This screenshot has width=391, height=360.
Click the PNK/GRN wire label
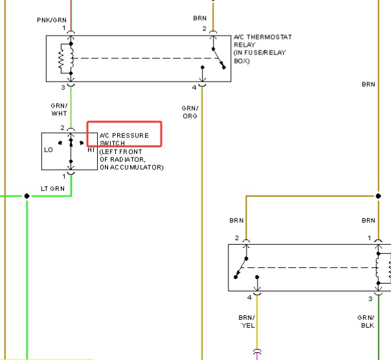point(52,20)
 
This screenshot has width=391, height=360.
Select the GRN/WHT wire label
point(59,109)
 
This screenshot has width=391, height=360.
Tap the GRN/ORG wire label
point(190,112)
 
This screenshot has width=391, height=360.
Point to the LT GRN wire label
point(52,188)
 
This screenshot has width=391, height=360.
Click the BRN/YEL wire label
point(247,321)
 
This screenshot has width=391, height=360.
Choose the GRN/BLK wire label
point(366,321)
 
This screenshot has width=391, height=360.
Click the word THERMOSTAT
point(269,37)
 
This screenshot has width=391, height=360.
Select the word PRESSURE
point(130,135)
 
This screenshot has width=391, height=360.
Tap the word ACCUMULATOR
point(136,168)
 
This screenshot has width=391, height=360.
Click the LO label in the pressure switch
point(49,150)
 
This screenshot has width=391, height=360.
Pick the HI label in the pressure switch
point(91,150)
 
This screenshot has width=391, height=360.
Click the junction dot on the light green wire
point(27,196)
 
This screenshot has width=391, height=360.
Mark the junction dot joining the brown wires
point(378,196)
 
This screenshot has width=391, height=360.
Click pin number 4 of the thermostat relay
point(194,88)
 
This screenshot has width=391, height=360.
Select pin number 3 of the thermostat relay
point(63,88)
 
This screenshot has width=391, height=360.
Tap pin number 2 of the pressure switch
point(62,128)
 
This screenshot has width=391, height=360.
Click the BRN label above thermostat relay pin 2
point(200,18)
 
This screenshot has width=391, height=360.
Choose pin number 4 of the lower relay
point(249,298)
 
